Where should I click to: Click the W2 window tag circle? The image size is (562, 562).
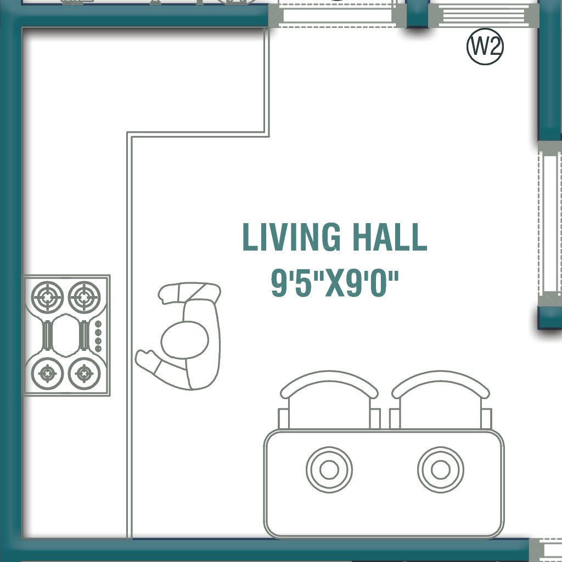coord(485,48)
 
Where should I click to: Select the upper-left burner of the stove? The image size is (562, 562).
coord(48,298)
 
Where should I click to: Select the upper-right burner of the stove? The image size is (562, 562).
coord(83,298)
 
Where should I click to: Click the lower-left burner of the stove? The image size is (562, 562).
coord(48,373)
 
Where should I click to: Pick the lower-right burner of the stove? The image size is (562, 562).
coord(83,373)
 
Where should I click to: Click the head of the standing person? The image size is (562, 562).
coord(185,340)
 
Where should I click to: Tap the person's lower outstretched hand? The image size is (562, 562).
coord(147,360)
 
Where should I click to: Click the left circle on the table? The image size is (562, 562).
coord(329,470)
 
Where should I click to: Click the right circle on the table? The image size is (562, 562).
coord(440,470)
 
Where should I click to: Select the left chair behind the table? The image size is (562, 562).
coord(329,403)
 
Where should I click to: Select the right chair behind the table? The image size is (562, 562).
coord(440,403)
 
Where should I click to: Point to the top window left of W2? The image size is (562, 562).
coord(337,14)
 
